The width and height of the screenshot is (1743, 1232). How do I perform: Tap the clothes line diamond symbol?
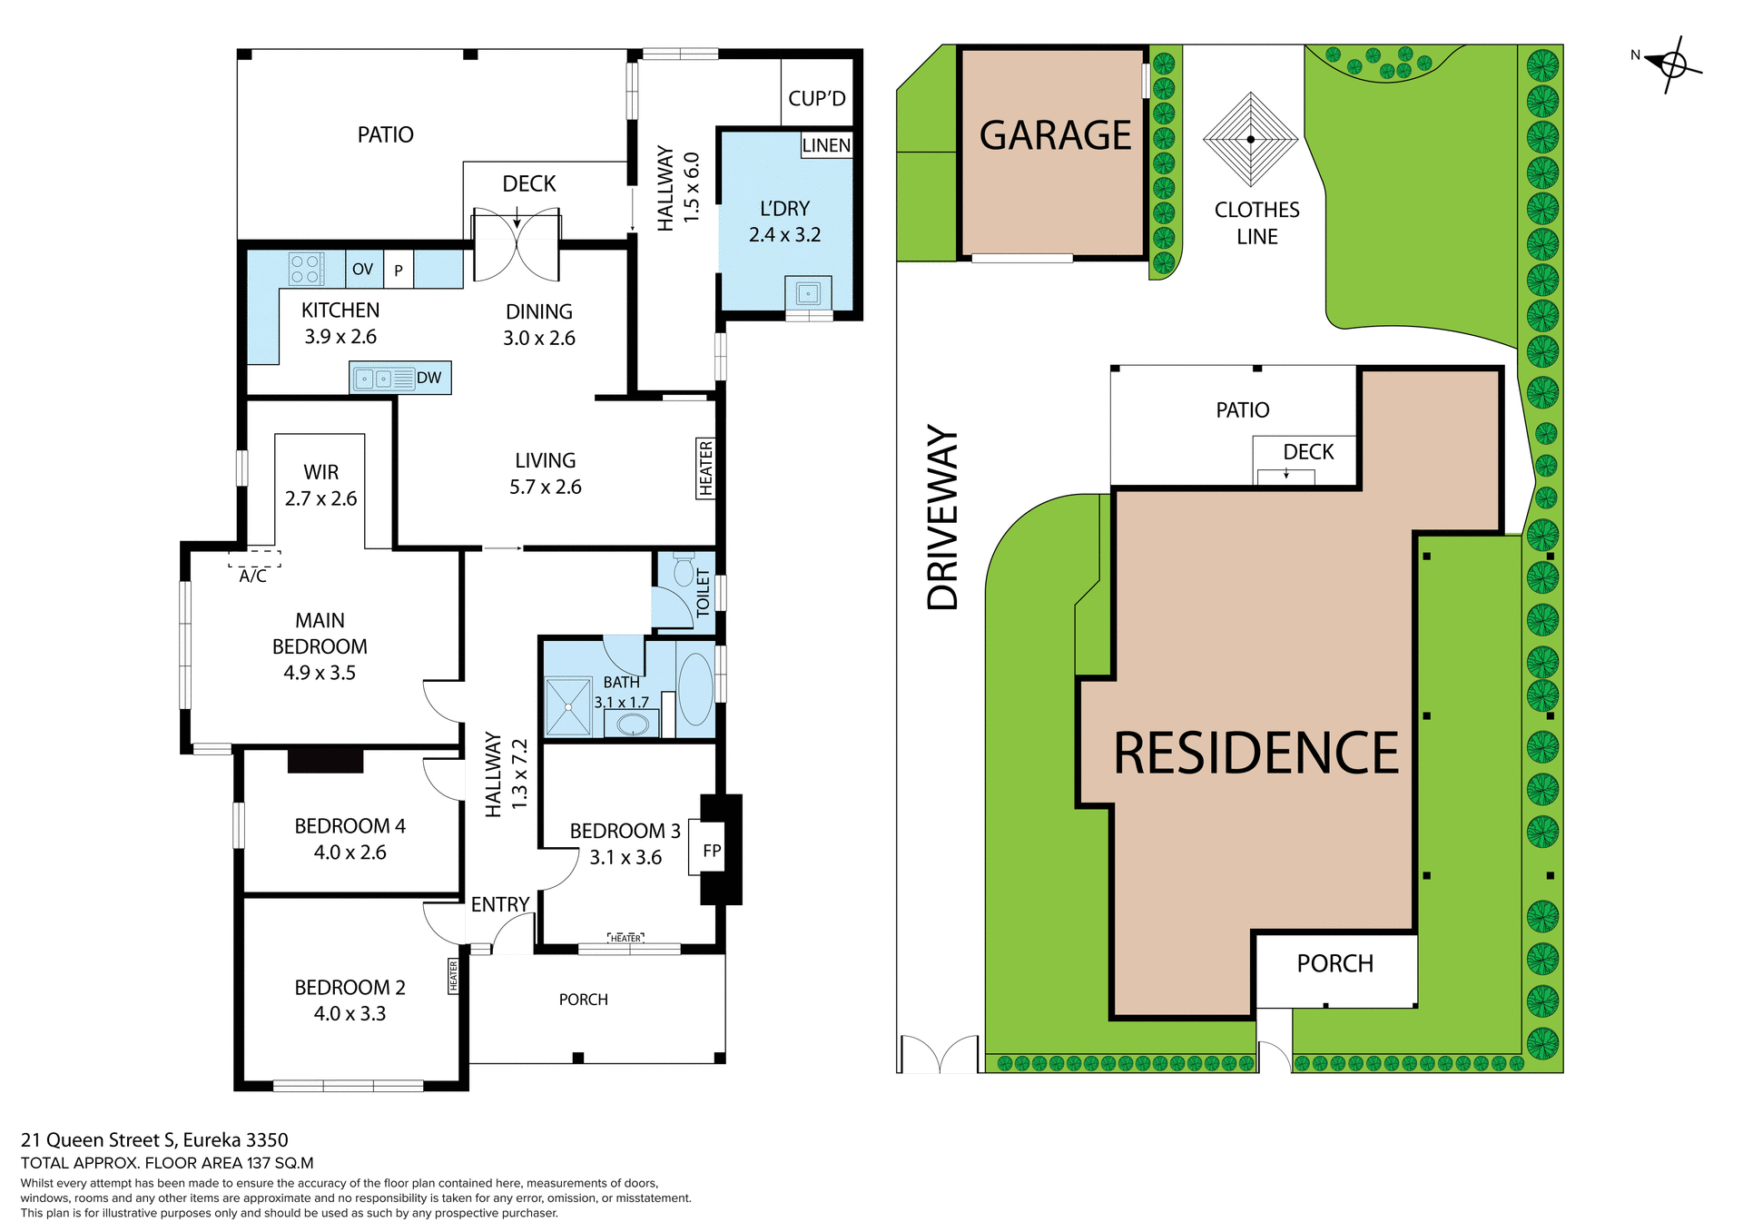tap(1251, 139)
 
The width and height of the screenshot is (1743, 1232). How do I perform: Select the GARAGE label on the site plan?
tap(1055, 135)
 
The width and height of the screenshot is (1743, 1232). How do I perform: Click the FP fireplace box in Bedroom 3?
tap(711, 851)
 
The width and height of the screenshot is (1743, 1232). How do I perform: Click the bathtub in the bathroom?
tap(695, 689)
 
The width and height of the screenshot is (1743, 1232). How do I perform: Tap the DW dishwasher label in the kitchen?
tap(428, 379)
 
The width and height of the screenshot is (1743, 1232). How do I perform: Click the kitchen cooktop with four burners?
tap(305, 269)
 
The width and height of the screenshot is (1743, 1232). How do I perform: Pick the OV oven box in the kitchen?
tap(363, 269)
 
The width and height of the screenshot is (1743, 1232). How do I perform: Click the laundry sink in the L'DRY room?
tap(808, 293)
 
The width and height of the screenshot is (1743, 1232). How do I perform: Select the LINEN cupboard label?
tap(826, 145)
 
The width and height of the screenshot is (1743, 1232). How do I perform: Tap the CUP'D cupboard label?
tap(816, 98)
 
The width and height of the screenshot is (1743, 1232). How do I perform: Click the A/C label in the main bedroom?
tap(253, 576)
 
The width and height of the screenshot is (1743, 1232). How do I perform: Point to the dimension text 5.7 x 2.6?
tap(545, 488)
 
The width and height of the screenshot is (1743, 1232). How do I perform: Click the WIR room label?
tap(320, 472)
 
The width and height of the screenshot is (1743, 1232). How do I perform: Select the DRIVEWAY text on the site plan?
tap(943, 517)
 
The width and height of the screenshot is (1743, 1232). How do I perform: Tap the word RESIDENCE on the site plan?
tap(1256, 754)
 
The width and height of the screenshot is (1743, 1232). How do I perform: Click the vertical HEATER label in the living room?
tap(705, 468)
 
